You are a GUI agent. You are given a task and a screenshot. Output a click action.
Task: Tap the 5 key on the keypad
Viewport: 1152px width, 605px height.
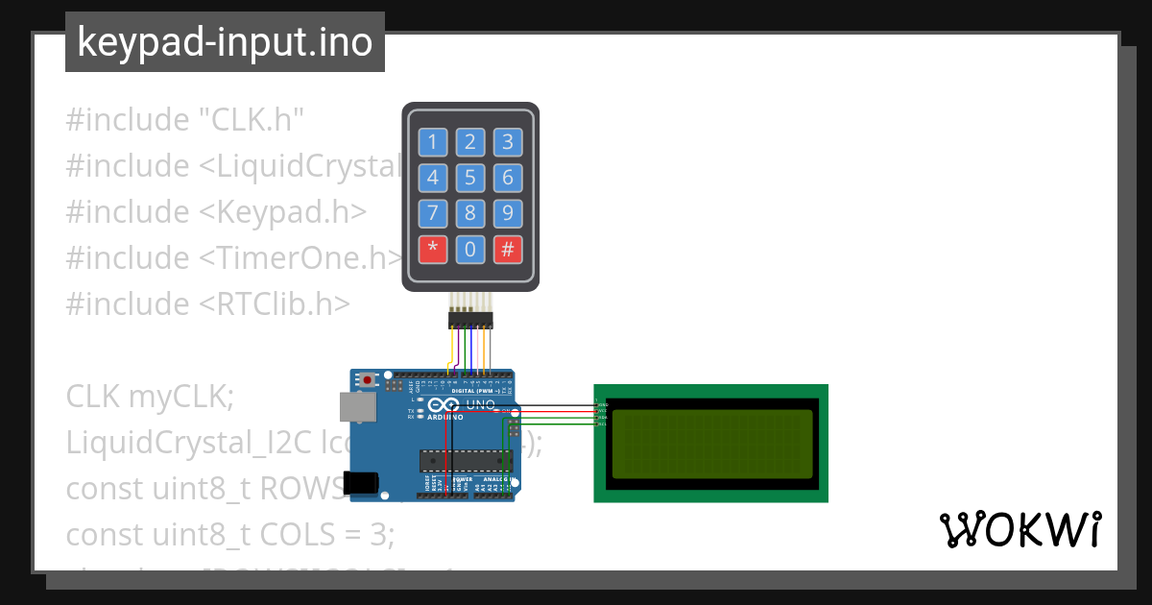tap(469, 178)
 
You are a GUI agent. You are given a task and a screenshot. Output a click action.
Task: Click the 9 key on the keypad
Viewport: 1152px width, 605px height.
tap(508, 213)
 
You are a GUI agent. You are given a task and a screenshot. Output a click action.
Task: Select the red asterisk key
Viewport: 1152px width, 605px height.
tap(432, 250)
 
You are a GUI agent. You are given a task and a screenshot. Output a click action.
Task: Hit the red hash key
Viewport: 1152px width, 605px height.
tap(508, 250)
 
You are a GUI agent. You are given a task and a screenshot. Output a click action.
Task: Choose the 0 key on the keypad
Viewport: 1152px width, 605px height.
tap(469, 250)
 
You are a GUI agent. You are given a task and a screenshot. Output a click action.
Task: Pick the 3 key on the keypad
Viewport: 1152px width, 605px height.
tap(508, 143)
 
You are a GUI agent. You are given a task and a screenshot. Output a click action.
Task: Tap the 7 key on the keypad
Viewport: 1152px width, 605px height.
tap(432, 213)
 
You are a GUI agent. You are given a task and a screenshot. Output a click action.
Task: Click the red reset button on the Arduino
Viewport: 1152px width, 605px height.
tap(366, 380)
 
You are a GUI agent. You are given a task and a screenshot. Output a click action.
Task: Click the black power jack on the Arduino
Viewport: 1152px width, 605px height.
tap(361, 482)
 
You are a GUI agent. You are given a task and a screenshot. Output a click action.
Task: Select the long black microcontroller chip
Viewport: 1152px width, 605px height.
tap(465, 461)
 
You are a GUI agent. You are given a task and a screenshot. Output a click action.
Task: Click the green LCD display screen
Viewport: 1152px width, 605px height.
tap(710, 443)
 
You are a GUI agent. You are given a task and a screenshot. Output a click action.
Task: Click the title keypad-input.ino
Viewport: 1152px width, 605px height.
tap(225, 42)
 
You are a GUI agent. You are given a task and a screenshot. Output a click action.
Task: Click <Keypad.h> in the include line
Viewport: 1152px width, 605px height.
tap(283, 212)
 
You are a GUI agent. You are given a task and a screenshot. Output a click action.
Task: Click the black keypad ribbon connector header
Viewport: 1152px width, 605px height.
tap(470, 320)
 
